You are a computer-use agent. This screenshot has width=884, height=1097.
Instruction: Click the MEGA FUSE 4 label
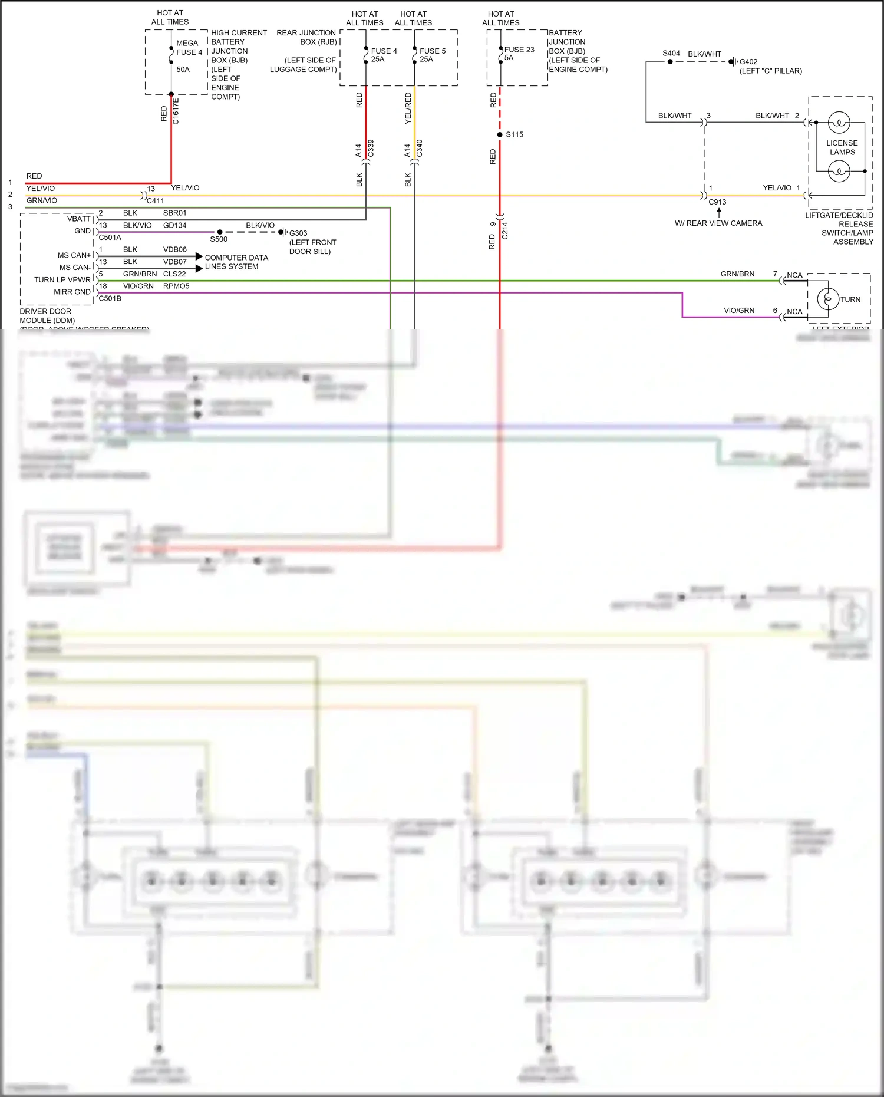point(189,48)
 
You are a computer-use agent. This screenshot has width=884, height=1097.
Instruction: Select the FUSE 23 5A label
point(519,54)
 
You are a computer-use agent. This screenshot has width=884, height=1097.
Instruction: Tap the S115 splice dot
point(500,134)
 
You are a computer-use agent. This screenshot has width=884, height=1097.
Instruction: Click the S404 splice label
point(671,53)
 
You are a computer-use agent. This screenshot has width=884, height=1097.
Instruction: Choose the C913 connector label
point(717,202)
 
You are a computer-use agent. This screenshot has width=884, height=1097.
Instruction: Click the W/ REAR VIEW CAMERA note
point(718,223)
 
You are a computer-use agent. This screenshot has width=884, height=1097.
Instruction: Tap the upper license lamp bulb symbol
point(839,123)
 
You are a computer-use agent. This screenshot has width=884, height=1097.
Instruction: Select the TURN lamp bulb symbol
point(828,299)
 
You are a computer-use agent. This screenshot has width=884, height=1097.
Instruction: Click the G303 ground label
point(298,233)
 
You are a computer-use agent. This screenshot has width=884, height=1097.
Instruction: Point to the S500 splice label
point(219,239)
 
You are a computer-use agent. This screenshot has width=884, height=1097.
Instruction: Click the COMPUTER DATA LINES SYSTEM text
point(236,262)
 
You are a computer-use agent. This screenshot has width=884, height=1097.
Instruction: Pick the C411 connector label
point(156,201)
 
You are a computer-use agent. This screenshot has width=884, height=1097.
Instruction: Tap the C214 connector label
point(505,230)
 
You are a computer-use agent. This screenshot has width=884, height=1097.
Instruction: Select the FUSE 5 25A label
point(432,55)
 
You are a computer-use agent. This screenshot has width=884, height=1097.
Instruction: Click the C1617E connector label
point(176,111)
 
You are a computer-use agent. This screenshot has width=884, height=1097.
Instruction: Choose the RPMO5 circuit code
point(176,286)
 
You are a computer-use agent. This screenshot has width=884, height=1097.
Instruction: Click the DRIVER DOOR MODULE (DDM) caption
point(47,316)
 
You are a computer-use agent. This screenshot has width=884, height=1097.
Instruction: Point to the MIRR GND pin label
point(72,292)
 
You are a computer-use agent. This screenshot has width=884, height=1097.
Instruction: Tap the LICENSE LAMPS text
point(842,147)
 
